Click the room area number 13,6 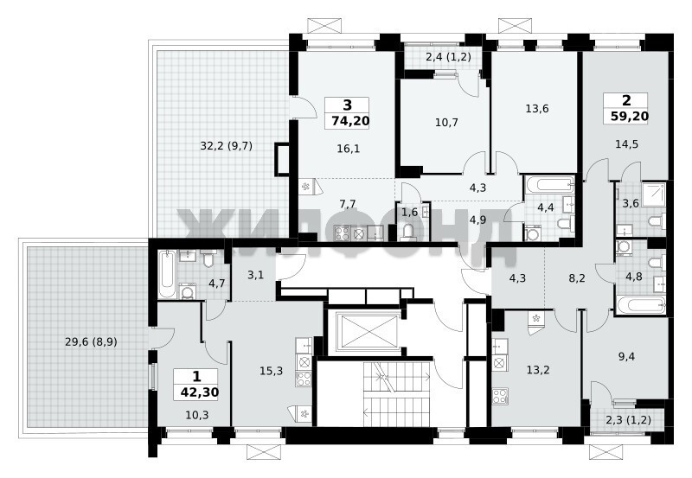[537, 108]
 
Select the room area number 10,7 [446, 122]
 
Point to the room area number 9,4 [626, 356]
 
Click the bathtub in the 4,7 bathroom [167, 274]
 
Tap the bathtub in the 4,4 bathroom [548, 184]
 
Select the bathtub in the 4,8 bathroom [641, 303]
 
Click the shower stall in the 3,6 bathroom [654, 194]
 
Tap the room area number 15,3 [271, 372]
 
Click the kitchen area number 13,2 [538, 370]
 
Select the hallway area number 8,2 [577, 278]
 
